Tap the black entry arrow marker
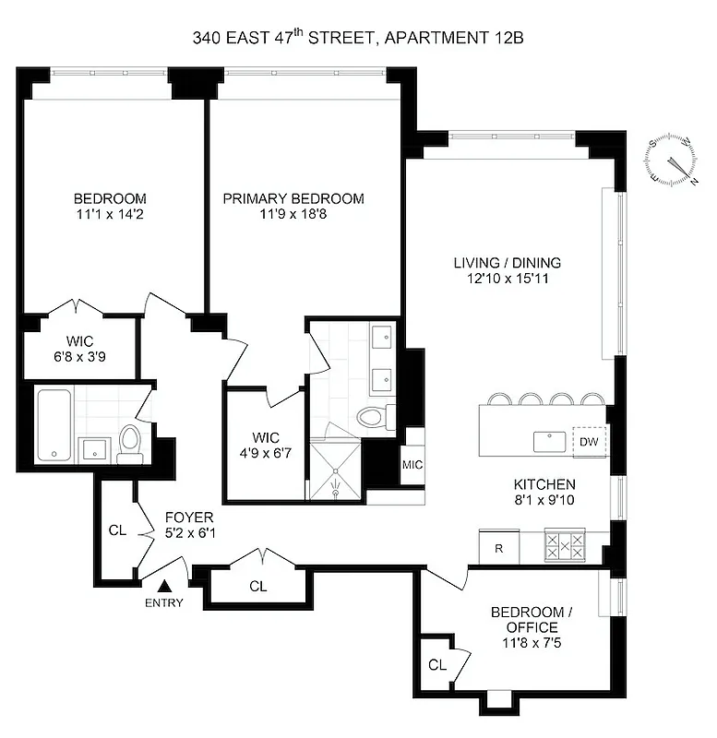[166, 585]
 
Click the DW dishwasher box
[588, 441]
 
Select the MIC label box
[412, 464]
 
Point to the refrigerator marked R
[498, 548]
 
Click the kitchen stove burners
[564, 544]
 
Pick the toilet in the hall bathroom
[129, 445]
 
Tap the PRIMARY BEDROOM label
[293, 198]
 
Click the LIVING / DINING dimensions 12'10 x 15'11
[508, 279]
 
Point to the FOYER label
[189, 517]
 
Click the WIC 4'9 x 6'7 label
[264, 446]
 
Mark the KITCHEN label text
[544, 483]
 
